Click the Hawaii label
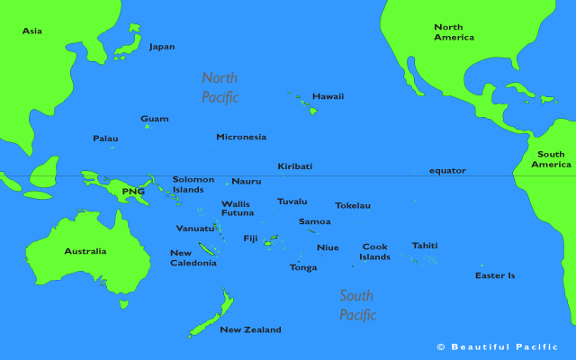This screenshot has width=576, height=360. tap(328, 96)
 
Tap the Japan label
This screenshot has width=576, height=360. tap(162, 47)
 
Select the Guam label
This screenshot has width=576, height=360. tap(154, 119)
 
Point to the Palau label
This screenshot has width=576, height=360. tap(105, 139)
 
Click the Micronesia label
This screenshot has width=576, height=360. tap(241, 137)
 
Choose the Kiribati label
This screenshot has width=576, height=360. tap(295, 166)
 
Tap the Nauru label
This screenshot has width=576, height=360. tap(246, 182)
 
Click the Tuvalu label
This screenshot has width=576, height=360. tap(292, 202)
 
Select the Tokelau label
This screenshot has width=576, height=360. tap(352, 205)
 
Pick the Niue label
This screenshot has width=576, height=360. tap(328, 247)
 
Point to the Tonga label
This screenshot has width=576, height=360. tap(302, 267)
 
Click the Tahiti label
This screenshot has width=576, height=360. tap(425, 246)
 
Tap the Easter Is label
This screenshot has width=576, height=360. tap(495, 275)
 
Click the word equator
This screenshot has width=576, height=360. tap(447, 170)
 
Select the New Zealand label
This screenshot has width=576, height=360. tap(250, 330)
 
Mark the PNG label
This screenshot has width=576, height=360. tap(133, 192)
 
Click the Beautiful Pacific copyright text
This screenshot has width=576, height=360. tap(497, 346)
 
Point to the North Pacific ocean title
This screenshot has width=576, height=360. tap(220, 87)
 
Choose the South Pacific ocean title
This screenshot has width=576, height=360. tap(357, 305)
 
